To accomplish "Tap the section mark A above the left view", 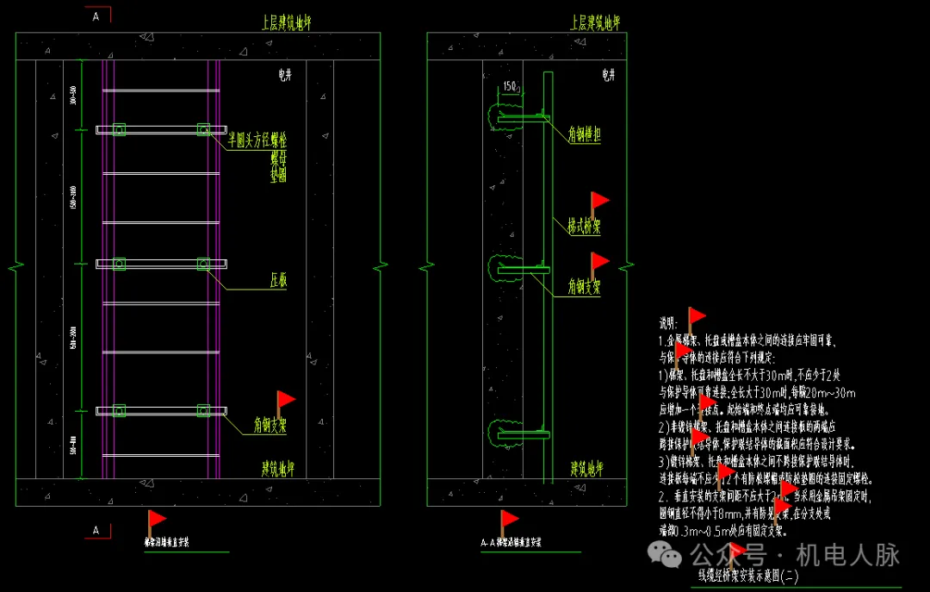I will (96, 16).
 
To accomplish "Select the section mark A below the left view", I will (96, 531).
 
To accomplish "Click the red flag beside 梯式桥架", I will (599, 202).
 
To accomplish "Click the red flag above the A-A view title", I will (509, 519).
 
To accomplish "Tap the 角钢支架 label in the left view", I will (270, 426).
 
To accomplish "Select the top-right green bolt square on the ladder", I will (203, 129).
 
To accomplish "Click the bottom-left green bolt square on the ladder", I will (119, 411).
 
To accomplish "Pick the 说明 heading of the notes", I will (668, 324).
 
